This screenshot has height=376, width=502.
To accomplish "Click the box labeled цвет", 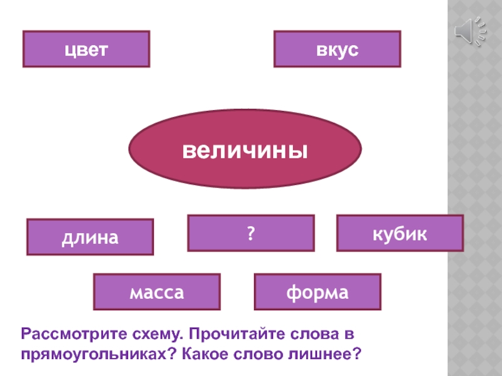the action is (86, 49).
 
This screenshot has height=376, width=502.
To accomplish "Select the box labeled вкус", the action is (337, 49).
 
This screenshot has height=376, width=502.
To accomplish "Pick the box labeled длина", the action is (90, 237).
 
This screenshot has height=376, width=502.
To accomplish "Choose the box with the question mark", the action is (250, 233).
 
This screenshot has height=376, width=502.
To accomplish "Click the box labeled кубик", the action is (400, 233).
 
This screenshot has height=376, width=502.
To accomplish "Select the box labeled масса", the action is (157, 292).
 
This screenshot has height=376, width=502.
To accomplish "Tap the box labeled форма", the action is (317, 292).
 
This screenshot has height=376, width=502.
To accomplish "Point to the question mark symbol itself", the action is (250, 233).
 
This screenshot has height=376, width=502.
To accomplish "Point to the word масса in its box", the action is (157, 292).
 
